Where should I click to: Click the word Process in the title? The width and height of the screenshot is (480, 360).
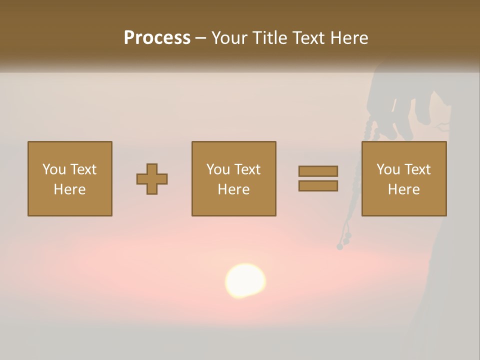click(x=157, y=38)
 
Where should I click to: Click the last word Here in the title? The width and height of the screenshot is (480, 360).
click(x=350, y=38)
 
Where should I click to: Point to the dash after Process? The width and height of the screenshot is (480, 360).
click(x=200, y=38)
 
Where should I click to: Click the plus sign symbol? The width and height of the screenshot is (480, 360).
click(x=152, y=179)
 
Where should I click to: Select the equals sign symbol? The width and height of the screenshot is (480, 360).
click(x=318, y=178)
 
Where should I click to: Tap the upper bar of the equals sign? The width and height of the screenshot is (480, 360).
click(x=318, y=171)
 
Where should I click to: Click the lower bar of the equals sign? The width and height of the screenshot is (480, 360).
click(x=318, y=186)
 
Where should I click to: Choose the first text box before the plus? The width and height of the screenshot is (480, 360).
click(x=69, y=178)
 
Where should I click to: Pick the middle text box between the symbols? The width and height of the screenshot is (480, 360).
click(x=233, y=178)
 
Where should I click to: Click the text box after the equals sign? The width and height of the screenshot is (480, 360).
click(x=403, y=178)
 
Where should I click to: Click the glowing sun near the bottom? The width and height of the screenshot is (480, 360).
click(x=245, y=280)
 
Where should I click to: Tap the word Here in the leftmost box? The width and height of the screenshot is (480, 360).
click(x=69, y=189)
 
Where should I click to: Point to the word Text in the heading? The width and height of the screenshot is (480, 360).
click(x=307, y=38)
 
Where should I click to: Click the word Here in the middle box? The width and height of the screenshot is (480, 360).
click(x=233, y=189)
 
